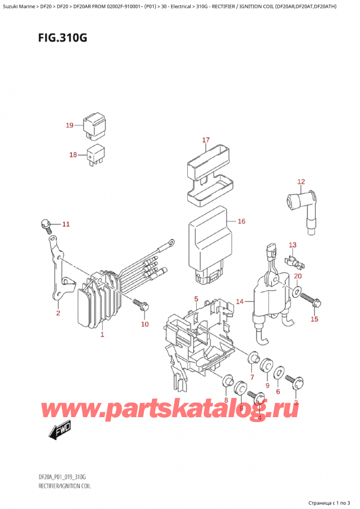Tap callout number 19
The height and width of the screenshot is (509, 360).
click(x=70, y=125)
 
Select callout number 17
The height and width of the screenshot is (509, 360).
click(x=205, y=140)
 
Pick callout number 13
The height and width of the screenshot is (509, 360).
click(x=293, y=245)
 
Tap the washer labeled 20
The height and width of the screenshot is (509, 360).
click(x=297, y=293)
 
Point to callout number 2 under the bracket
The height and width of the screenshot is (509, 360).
click(x=58, y=312)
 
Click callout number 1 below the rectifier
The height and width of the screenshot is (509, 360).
click(x=103, y=334)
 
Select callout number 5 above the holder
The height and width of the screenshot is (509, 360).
click(x=196, y=299)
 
